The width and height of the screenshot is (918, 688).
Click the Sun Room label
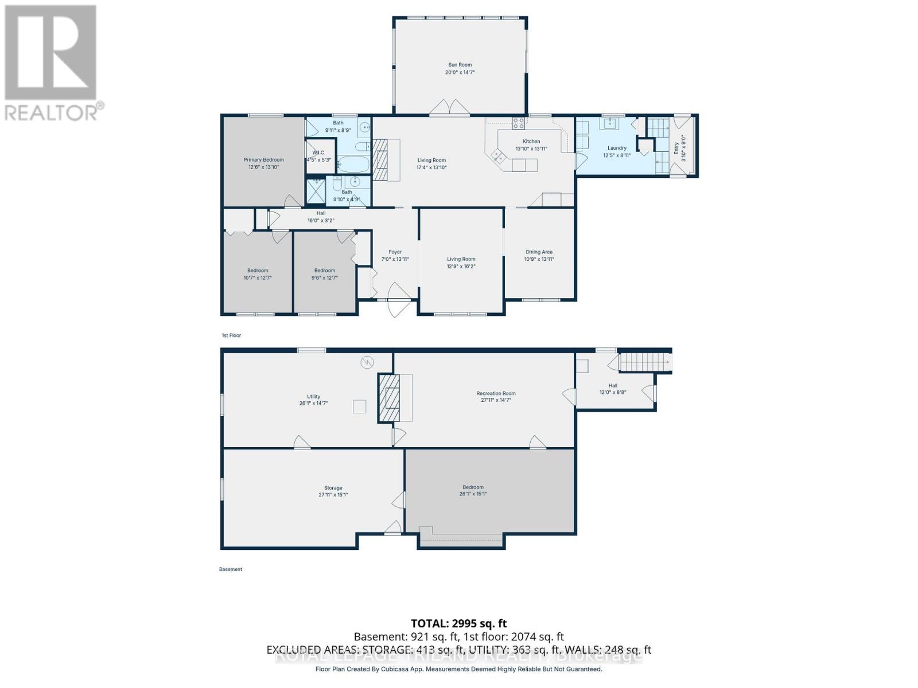click(x=460, y=65)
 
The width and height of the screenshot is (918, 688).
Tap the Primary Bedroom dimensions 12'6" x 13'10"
click(x=263, y=167)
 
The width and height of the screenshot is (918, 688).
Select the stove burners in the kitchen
click(x=518, y=122)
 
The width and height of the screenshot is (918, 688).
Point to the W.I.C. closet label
click(x=319, y=153)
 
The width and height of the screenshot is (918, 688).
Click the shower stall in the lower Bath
click(x=316, y=191)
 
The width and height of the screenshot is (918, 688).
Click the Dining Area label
click(x=539, y=252)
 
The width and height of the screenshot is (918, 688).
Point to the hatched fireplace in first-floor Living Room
click(x=380, y=159)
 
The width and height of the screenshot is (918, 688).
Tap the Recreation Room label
click(x=496, y=393)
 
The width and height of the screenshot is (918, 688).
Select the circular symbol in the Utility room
click(x=367, y=362)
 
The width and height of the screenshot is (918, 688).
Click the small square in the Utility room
click(x=359, y=406)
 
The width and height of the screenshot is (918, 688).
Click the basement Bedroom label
click(x=473, y=487)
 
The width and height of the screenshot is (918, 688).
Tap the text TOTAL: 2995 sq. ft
click(x=458, y=623)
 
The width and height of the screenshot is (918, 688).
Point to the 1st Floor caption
click(x=231, y=335)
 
